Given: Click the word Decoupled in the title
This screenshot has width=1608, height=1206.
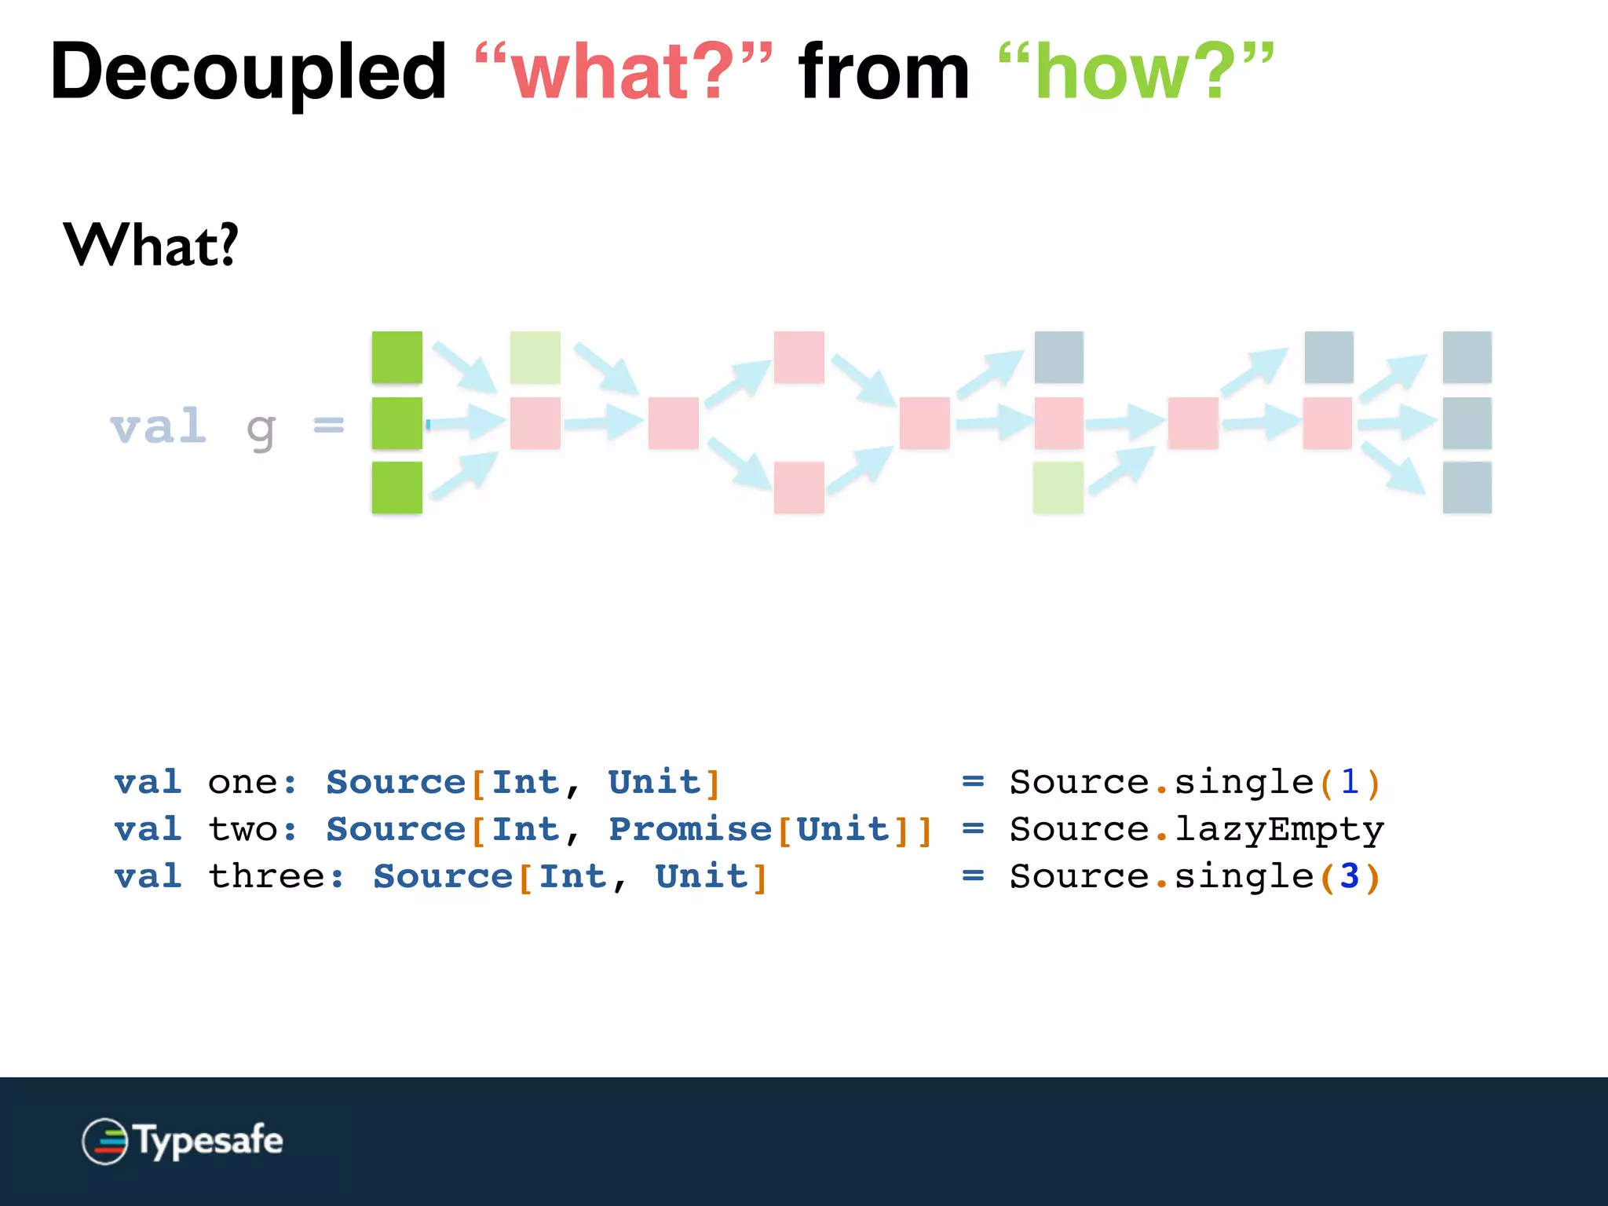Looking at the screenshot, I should pos(248,72).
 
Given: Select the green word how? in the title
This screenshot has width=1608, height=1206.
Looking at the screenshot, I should pos(1135,72).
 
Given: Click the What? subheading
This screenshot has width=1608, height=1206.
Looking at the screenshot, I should pos(151,245).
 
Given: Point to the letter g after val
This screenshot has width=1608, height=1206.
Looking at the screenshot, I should pos(261,430).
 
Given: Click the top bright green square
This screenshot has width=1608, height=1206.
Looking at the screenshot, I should pos(397,357).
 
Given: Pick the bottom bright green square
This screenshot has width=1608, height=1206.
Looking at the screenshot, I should pos(397,488).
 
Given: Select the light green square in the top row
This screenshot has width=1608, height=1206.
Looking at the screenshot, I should pos(535,357).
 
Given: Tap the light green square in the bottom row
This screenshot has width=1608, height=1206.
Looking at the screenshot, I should pos(1058,488).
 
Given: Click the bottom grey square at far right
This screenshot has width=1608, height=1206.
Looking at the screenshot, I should pos(1467,488).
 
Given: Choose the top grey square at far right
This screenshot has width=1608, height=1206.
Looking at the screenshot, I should pos(1467,357).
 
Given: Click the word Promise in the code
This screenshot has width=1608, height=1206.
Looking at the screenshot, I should pos(690,829).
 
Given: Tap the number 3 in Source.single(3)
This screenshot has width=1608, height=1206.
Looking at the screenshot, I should pos(1349,876).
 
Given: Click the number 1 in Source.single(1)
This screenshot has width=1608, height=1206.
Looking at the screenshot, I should pos(1349,782).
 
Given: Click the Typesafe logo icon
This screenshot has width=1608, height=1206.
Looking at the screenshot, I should pos(104,1141).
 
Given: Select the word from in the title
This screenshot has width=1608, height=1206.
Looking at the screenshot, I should pos(884,72).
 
